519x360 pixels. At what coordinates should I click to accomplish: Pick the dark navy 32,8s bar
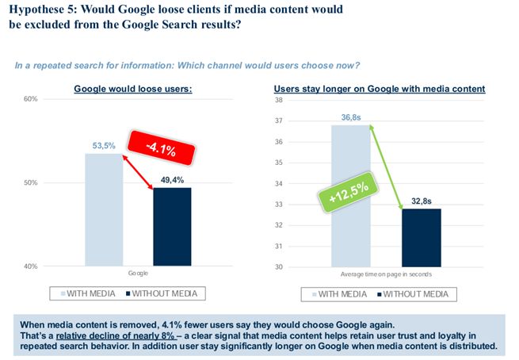(x=421, y=237)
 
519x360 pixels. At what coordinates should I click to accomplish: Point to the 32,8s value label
(x=422, y=202)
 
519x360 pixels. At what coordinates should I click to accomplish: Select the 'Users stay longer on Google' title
(x=380, y=89)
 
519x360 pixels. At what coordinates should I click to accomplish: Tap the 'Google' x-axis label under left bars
(x=139, y=274)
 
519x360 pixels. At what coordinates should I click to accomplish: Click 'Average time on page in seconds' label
(x=386, y=274)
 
